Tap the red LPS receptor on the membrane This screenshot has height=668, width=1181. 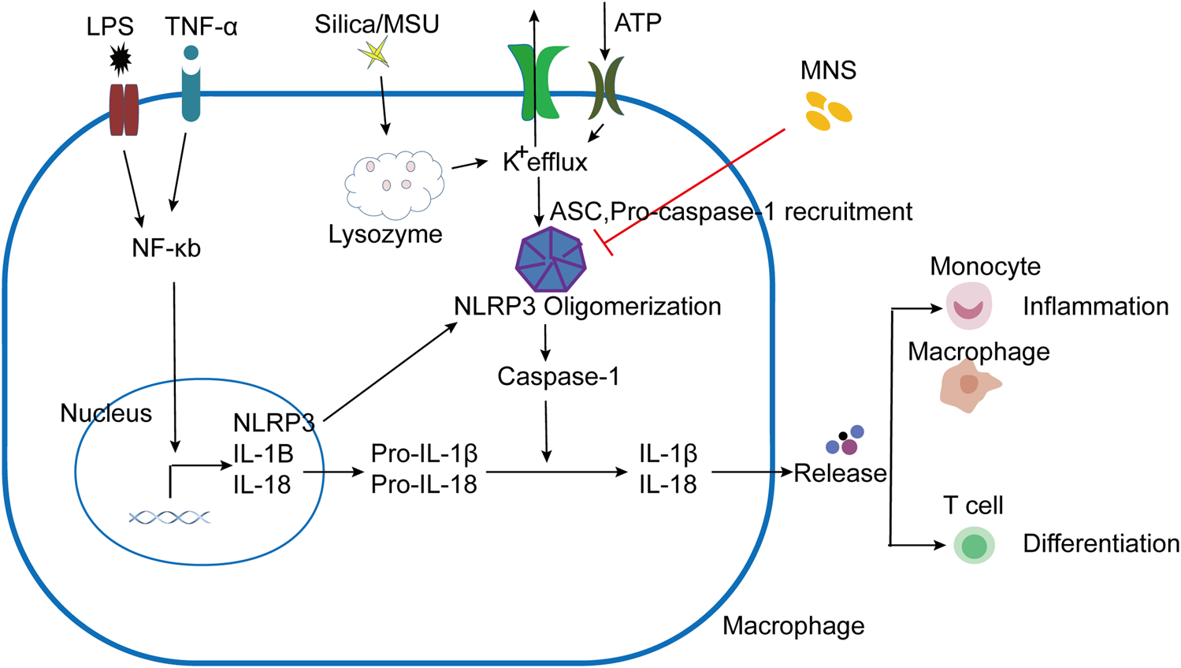point(124,110)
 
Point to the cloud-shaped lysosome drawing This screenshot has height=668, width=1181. point(394,185)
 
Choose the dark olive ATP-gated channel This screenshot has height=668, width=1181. point(606,88)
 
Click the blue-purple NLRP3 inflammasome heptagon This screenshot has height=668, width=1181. point(551,259)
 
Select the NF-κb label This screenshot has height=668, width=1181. point(166,248)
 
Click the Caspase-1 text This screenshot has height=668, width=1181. point(558,376)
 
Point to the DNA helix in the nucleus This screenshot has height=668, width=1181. point(170,517)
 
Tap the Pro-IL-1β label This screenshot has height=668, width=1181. point(424,454)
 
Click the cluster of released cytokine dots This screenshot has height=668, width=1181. point(845,441)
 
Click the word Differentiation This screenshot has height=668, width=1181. point(1101,543)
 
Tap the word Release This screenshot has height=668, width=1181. point(840,473)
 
